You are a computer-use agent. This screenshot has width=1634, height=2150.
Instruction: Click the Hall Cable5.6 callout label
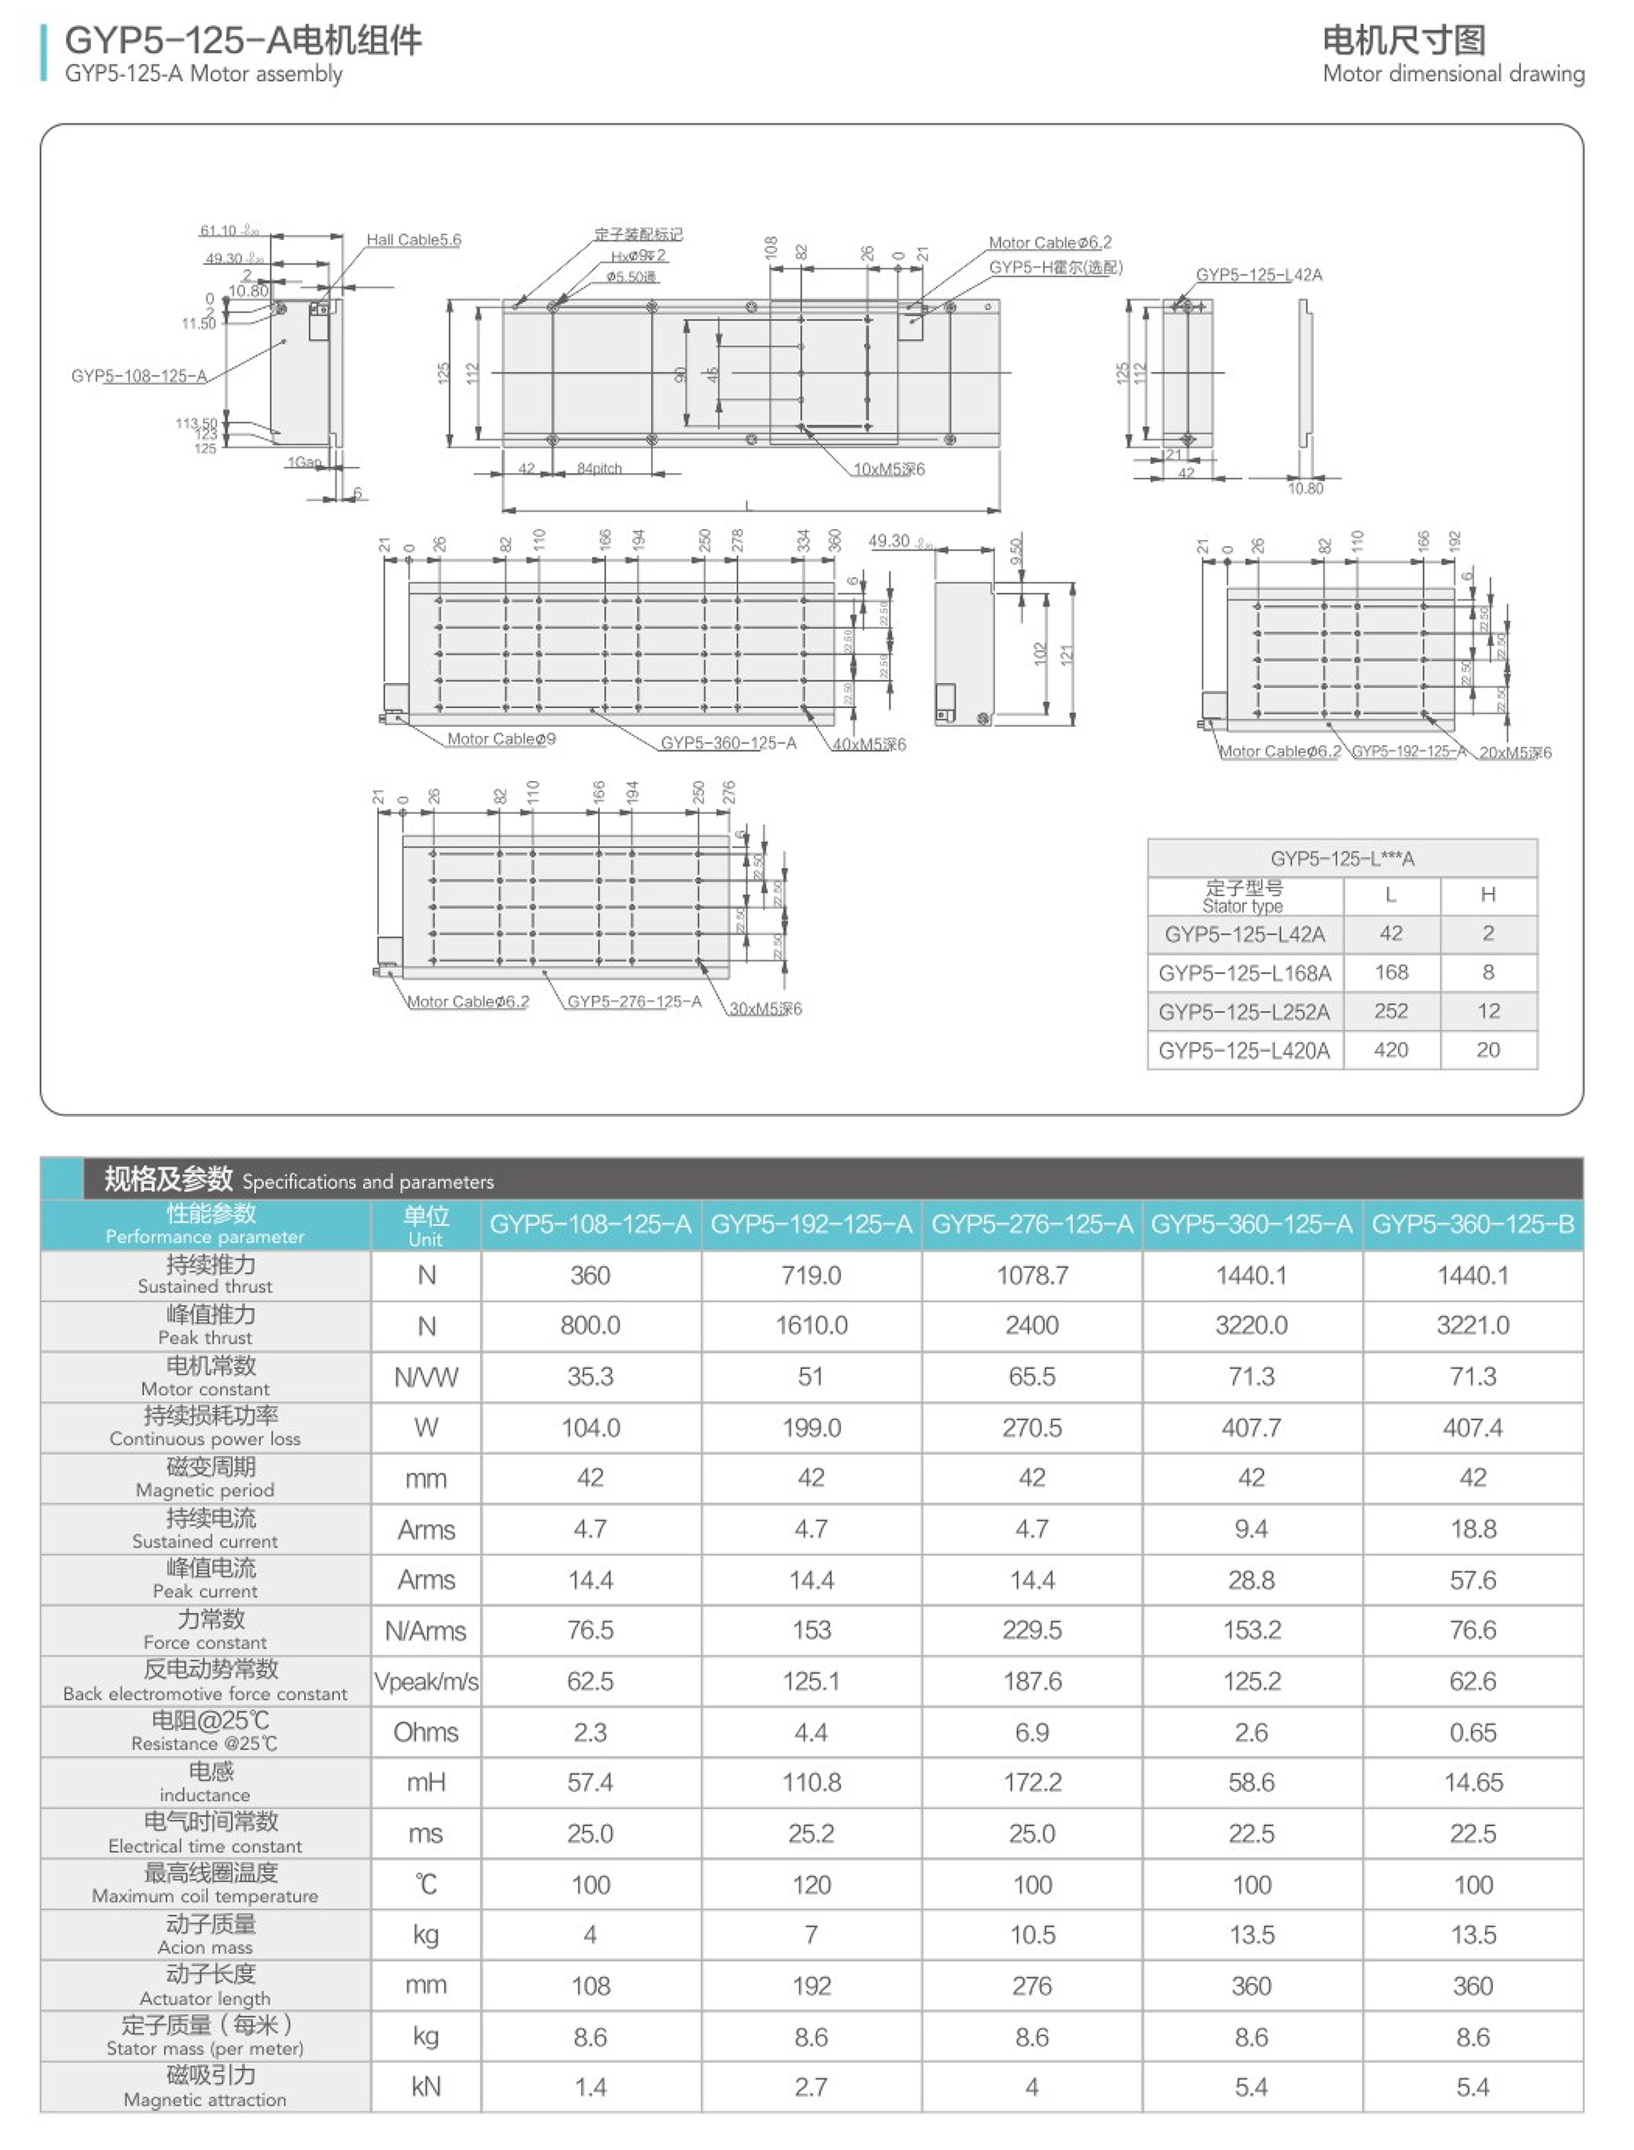414,240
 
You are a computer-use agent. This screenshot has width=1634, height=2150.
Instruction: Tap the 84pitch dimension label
599,469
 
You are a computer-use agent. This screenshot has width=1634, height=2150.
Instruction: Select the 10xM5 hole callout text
889,470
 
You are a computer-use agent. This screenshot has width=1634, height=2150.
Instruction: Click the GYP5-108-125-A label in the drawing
139,376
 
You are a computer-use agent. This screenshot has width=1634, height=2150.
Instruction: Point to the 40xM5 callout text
869,744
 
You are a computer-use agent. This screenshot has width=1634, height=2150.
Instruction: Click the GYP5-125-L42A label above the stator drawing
1259,275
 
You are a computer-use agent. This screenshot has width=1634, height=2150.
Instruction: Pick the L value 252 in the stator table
1391,1012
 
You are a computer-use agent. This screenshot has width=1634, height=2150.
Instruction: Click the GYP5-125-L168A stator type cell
1244,973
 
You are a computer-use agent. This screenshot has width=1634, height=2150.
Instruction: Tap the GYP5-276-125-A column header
1032,1225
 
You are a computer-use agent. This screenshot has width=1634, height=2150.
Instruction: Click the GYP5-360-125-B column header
1472,1225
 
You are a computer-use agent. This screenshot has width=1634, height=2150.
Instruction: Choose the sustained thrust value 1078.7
1032,1276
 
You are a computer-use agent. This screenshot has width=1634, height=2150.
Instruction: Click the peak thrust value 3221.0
1472,1326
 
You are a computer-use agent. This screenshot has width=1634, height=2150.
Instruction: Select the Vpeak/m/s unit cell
426,1682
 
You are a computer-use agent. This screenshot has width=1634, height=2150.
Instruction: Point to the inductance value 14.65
1472,1782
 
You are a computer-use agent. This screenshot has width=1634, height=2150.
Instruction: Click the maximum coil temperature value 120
811,1885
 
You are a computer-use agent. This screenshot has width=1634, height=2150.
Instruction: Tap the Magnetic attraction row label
205,2087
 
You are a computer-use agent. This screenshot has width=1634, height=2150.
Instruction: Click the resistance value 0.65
1472,1733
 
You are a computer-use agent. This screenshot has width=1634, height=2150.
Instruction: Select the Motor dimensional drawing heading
1452,74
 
